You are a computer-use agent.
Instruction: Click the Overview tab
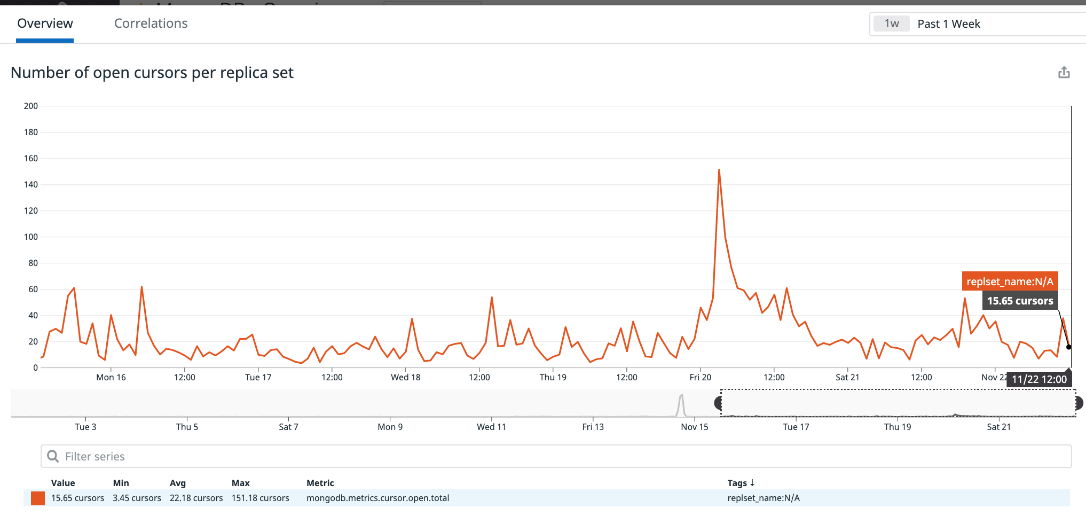click(x=45, y=24)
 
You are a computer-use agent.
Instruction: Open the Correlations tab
click(x=151, y=24)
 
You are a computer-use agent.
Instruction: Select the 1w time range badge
click(x=891, y=24)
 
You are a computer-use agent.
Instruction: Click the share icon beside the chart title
click(x=1064, y=73)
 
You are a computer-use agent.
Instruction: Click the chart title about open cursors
click(x=152, y=73)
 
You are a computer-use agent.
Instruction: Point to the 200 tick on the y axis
click(x=31, y=106)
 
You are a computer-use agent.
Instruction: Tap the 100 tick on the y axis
click(x=31, y=237)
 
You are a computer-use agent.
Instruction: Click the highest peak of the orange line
click(x=719, y=170)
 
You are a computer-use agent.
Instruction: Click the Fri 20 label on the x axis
click(x=700, y=377)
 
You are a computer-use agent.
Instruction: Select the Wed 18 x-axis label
click(x=405, y=377)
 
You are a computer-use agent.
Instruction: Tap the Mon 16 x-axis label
click(x=111, y=377)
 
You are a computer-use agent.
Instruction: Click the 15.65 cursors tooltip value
click(x=1020, y=301)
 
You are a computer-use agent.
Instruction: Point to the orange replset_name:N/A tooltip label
click(x=1010, y=282)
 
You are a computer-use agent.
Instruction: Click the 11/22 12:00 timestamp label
click(x=1039, y=379)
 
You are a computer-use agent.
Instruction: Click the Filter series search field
click(x=555, y=456)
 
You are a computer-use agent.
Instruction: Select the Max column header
click(x=241, y=483)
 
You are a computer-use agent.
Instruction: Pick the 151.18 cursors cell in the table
click(x=260, y=498)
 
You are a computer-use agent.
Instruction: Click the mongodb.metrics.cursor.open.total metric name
click(x=377, y=498)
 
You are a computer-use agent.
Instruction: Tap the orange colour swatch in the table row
click(x=38, y=498)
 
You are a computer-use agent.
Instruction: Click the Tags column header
click(x=740, y=483)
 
